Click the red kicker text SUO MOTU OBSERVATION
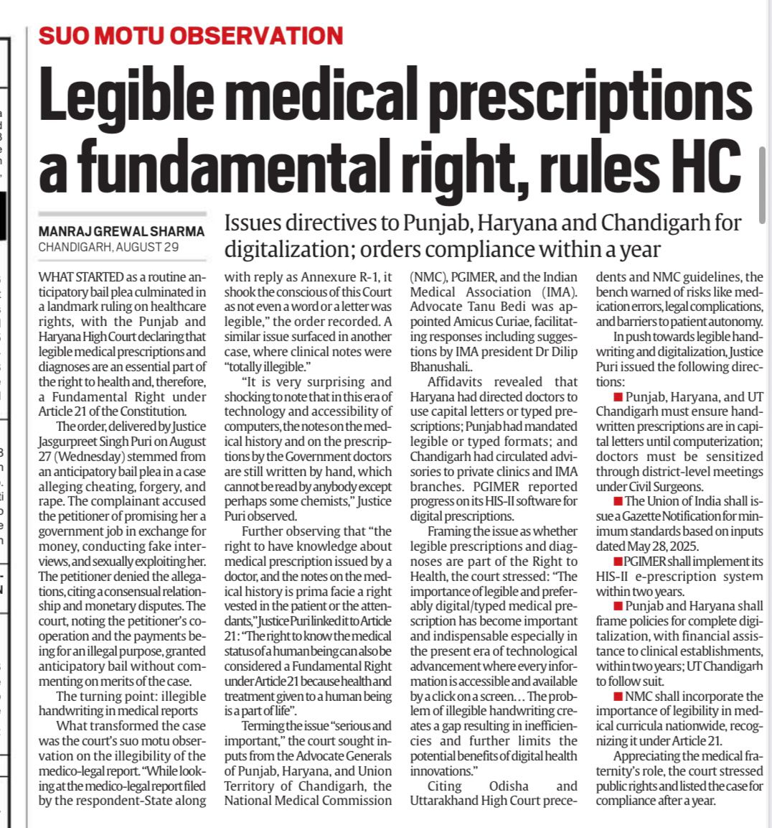point(191,35)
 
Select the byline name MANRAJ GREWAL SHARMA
point(121,232)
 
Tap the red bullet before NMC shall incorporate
point(618,697)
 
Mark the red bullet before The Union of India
point(618,501)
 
